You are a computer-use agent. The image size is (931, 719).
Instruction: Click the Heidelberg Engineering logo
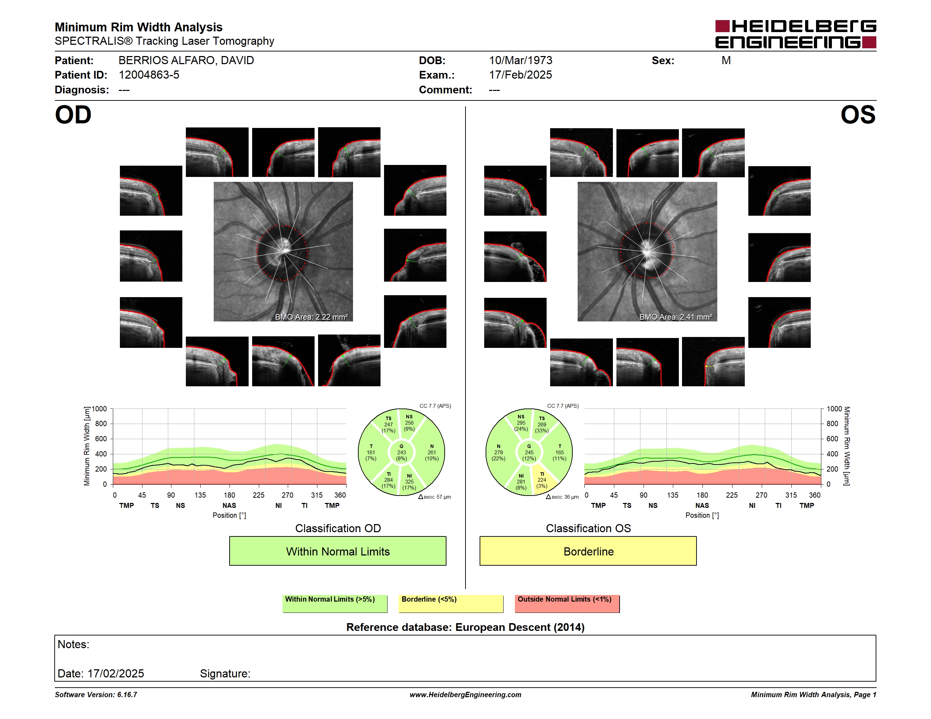pos(796,34)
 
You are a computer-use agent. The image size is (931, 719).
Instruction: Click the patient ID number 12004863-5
pos(149,75)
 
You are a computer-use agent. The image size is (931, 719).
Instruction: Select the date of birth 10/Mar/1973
pos(521,61)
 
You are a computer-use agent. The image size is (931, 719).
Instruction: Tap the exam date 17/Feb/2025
pos(521,75)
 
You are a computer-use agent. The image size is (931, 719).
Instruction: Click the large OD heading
pos(73,115)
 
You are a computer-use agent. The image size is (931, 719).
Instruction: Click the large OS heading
pos(858,115)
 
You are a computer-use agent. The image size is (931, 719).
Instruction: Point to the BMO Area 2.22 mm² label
pos(311,317)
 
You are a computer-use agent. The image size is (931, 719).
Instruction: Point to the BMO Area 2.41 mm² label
pos(675,317)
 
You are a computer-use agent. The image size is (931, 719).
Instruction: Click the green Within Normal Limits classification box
pos(337,551)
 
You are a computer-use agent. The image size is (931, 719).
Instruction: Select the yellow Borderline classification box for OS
pos(588,551)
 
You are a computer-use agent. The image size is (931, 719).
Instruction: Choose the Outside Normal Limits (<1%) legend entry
pos(567,603)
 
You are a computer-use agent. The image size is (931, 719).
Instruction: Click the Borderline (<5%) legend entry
pos(451,603)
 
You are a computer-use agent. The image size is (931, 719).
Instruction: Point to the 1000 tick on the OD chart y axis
pos(99,409)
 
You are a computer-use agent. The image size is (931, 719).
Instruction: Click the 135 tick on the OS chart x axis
pos(672,495)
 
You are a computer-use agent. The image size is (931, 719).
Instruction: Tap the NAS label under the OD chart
pos(229,506)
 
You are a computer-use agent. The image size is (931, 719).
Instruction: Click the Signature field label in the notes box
pos(225,674)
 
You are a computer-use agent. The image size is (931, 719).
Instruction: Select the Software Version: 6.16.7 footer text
pos(96,695)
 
